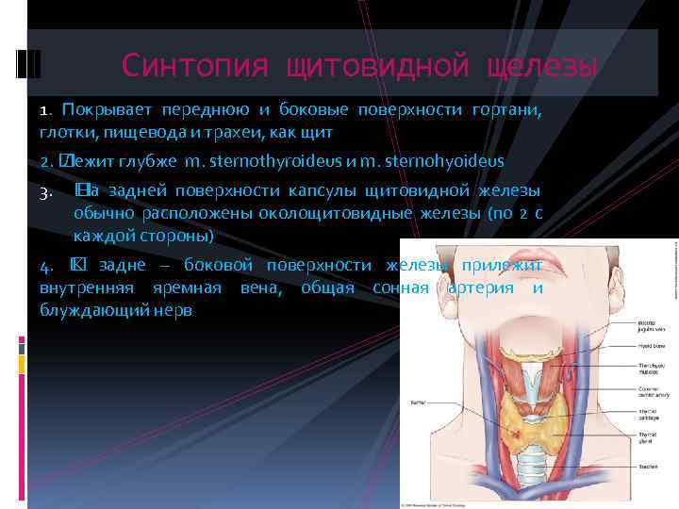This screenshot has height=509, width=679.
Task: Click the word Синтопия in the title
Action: click(x=188, y=65)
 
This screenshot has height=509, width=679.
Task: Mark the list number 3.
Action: click(x=44, y=192)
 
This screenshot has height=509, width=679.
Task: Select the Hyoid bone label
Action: click(x=628, y=346)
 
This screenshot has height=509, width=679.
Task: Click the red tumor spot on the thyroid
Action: click(x=517, y=433)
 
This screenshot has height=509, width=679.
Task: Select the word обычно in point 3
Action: click(x=102, y=212)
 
